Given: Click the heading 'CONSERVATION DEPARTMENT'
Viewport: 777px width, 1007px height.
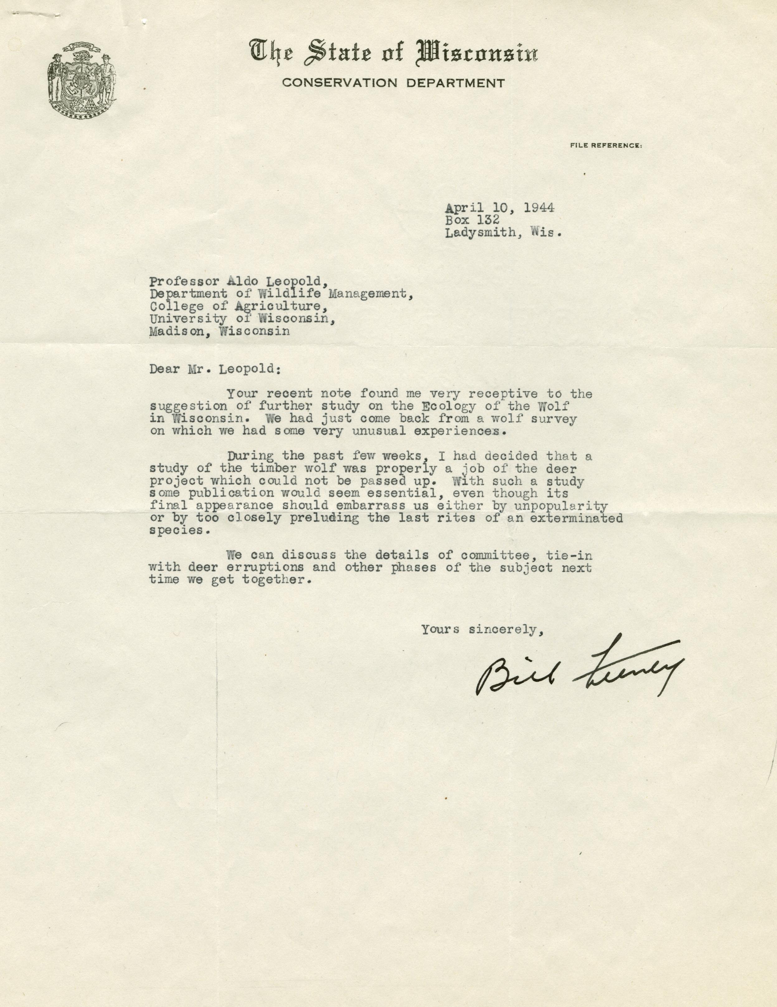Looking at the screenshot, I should (x=393, y=83).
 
